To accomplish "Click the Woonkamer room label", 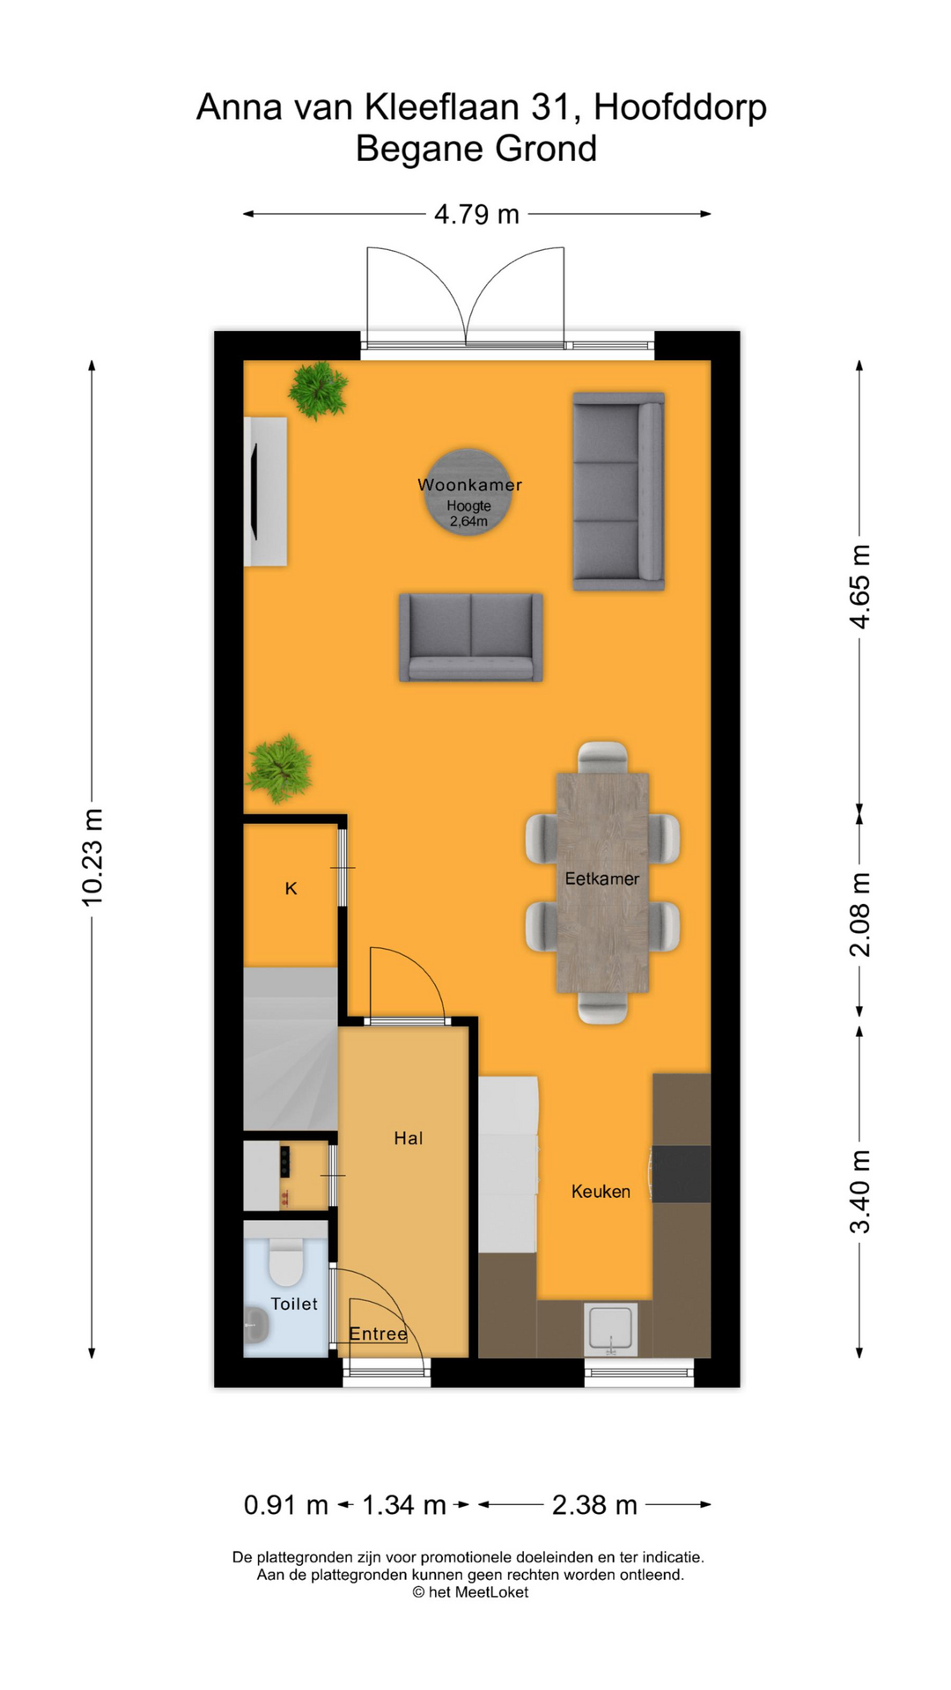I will [x=469, y=485].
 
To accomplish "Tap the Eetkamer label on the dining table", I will [x=602, y=878].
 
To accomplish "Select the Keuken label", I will [x=601, y=1192].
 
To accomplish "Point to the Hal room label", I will [x=409, y=1138].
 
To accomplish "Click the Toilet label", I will [x=294, y=1304].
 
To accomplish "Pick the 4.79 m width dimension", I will [x=476, y=214].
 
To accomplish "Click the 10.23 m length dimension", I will [x=92, y=857].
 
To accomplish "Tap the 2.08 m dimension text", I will [x=860, y=915].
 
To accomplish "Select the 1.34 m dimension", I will [x=404, y=1505].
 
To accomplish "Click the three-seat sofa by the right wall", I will [x=618, y=491].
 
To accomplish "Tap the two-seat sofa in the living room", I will [x=471, y=637].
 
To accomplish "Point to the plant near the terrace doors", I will [x=318, y=389].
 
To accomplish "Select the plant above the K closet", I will [x=280, y=768].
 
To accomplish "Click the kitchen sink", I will [x=610, y=1327].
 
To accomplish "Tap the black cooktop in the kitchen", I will [x=682, y=1173].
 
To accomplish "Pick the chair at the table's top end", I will [x=603, y=756].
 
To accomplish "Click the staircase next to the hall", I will [x=291, y=1047].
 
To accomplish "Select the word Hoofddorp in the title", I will [x=680, y=107].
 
